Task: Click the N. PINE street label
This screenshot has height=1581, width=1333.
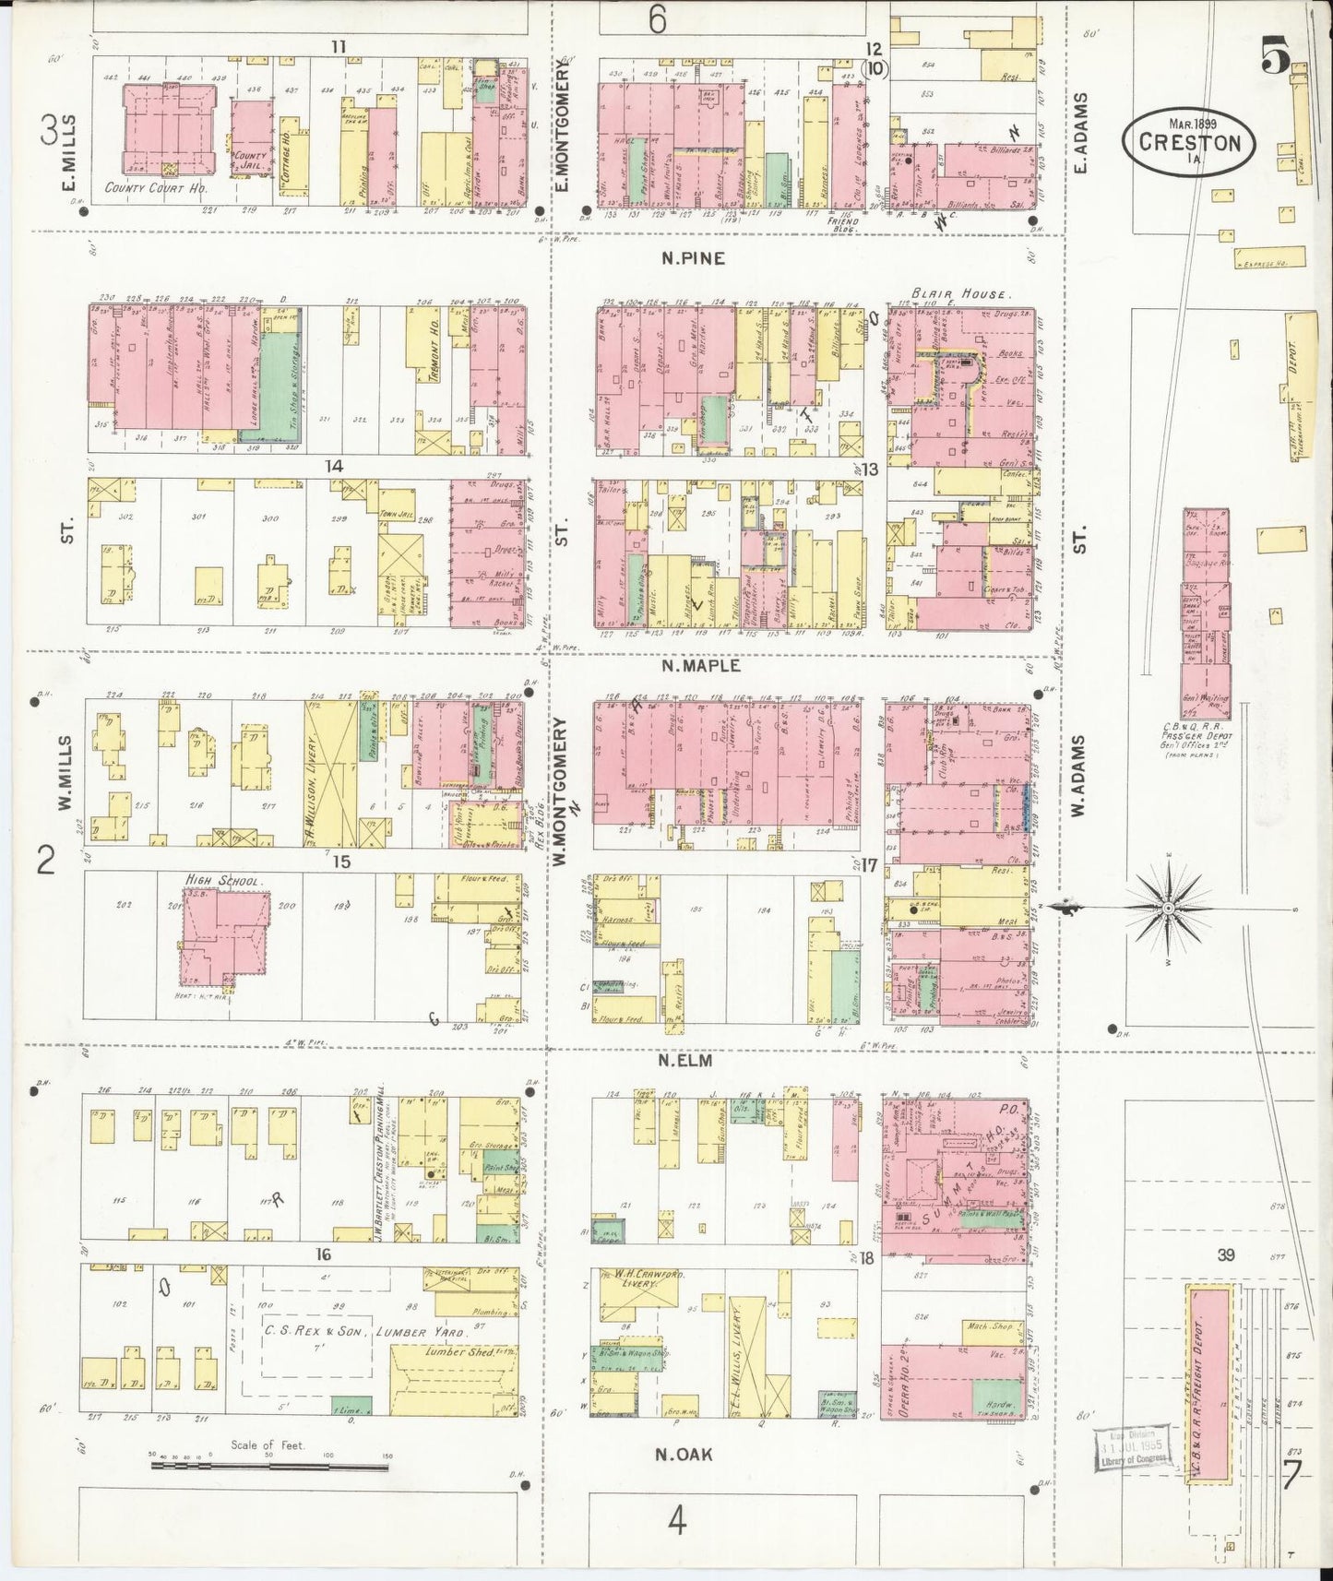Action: pos(692,259)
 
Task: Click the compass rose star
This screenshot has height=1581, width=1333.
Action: pos(1167,909)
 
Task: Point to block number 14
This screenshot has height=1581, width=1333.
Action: pos(333,467)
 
